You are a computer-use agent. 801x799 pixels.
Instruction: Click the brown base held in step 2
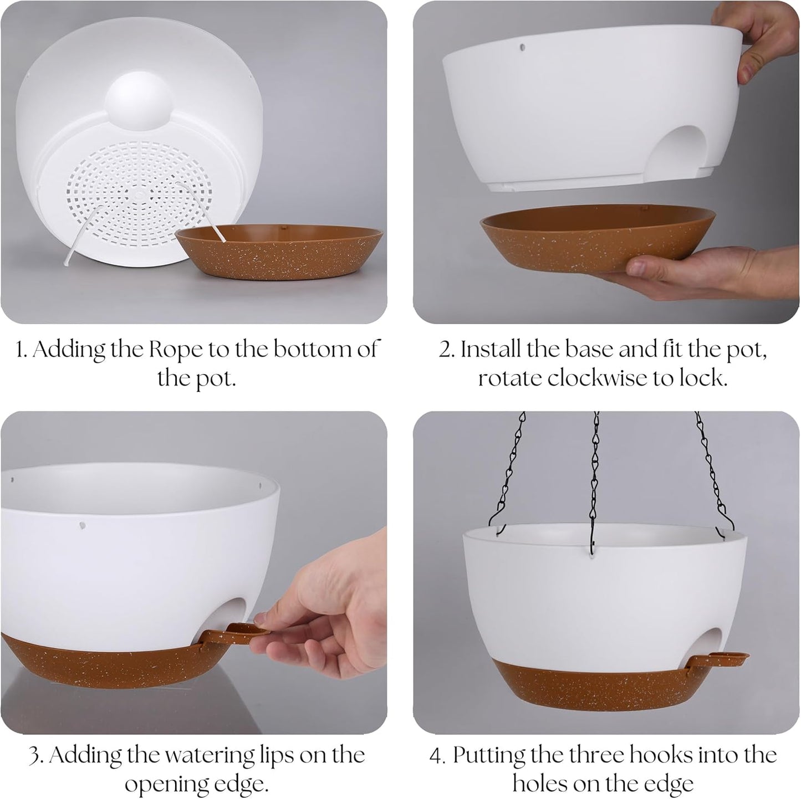point(598,236)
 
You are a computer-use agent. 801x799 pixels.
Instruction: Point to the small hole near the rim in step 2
point(523,47)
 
